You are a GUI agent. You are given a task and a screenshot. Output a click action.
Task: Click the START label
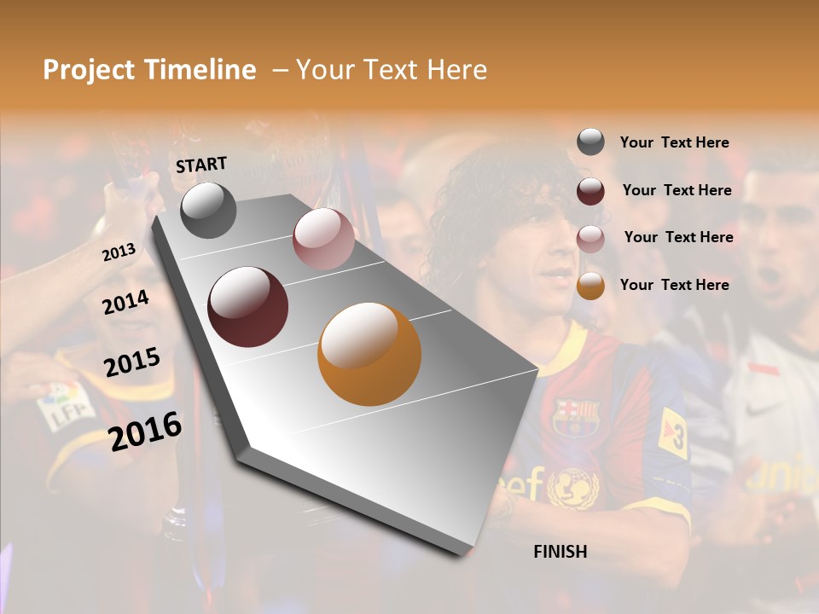tap(201, 165)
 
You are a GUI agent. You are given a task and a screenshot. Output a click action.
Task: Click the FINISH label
tap(561, 552)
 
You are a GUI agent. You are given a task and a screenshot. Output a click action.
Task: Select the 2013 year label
tap(119, 252)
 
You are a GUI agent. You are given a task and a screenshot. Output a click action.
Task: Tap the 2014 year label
tap(126, 302)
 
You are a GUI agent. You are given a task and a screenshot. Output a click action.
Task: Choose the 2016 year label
tap(145, 431)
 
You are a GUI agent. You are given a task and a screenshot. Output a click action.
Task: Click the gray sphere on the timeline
tap(208, 211)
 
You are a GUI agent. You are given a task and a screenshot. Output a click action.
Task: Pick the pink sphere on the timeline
tap(323, 239)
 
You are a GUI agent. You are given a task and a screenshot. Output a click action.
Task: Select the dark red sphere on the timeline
tap(247, 307)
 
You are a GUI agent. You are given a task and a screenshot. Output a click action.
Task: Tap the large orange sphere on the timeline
tap(369, 354)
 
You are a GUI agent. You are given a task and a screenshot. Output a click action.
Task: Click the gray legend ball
tap(590, 142)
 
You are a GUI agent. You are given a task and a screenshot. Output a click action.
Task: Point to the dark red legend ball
tap(590, 191)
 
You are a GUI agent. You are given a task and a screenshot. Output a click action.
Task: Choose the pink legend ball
tap(590, 238)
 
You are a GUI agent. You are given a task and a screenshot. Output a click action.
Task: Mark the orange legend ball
tap(590, 286)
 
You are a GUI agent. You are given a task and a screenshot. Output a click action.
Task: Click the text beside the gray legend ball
tap(674, 142)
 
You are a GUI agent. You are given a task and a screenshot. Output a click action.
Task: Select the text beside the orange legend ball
tap(674, 285)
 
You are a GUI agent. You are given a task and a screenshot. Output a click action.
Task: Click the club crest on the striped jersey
tap(577, 416)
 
